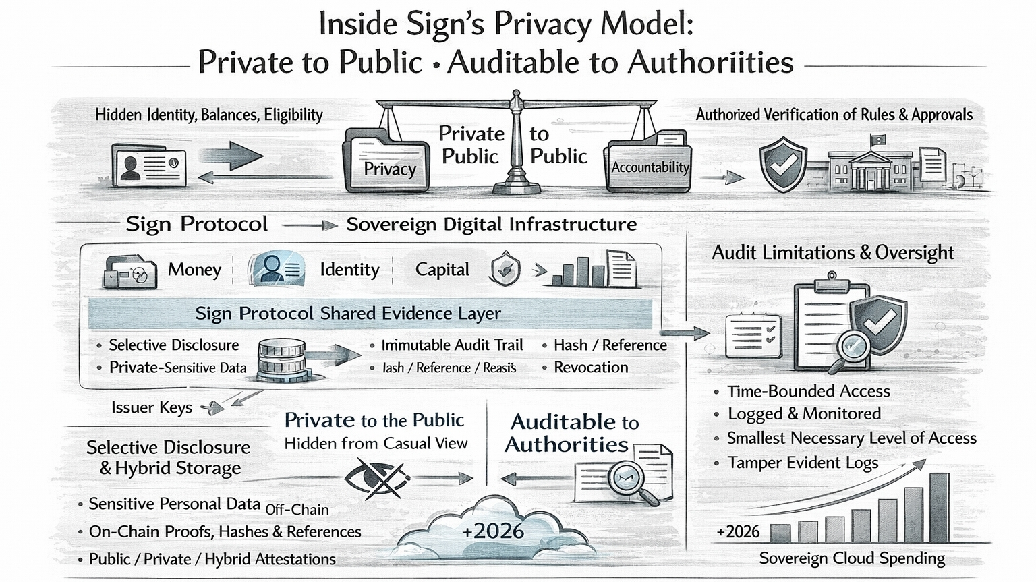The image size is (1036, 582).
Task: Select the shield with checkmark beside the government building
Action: [782, 165]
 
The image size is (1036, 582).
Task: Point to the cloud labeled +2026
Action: [492, 530]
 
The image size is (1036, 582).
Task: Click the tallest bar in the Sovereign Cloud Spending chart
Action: [939, 506]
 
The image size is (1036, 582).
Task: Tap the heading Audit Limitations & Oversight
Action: [833, 253]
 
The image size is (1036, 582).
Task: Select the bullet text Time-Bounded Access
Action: [808, 391]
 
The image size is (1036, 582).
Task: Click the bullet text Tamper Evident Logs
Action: [803, 463]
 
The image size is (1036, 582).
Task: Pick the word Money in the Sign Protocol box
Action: [194, 270]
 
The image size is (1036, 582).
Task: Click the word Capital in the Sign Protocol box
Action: [442, 270]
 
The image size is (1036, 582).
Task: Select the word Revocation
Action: [591, 368]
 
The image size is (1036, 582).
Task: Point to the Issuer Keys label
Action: [152, 407]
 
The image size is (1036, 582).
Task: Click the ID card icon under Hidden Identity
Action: [149, 164]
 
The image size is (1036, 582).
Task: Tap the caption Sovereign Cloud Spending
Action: [852, 558]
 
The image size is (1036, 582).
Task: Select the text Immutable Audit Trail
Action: [452, 345]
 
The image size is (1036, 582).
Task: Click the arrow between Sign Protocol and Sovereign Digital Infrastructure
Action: [309, 225]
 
